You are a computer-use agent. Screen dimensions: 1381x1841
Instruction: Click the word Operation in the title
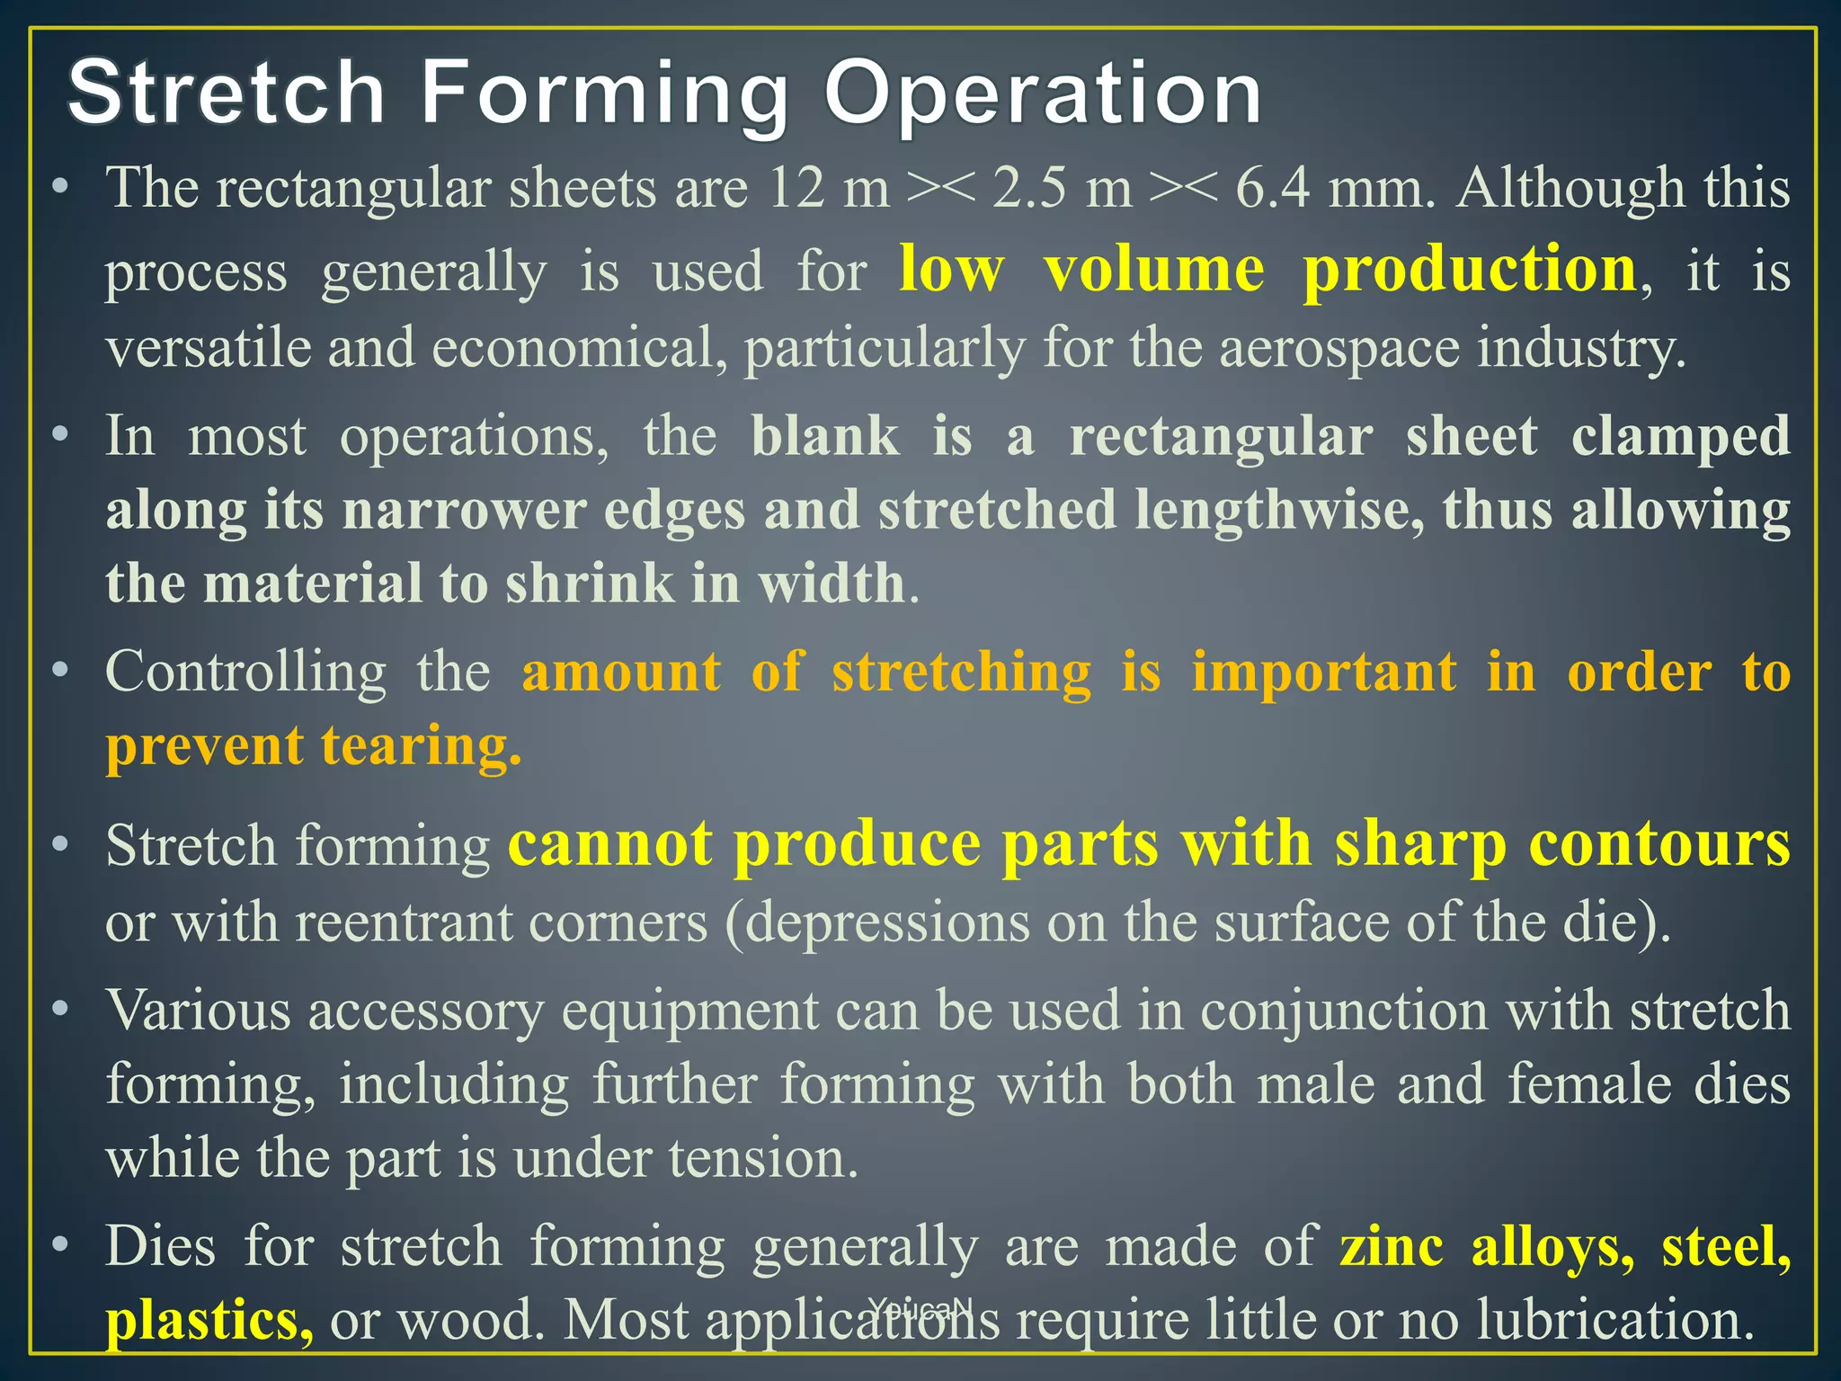[x=1043, y=94]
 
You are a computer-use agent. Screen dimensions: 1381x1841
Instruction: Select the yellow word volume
[x=1154, y=270]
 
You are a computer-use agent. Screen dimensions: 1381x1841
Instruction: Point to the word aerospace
[x=1339, y=349]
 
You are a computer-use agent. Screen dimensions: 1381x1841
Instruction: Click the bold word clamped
[x=1681, y=438]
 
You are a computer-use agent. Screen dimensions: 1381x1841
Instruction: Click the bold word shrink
[x=589, y=584]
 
